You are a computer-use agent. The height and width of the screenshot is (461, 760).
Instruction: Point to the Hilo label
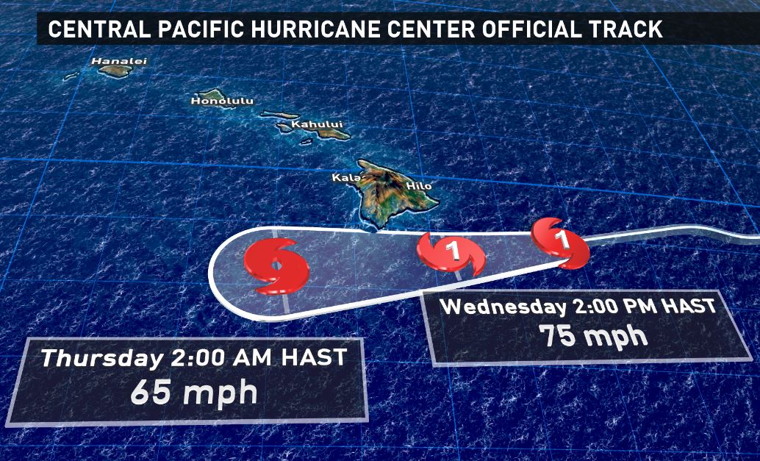[419, 186]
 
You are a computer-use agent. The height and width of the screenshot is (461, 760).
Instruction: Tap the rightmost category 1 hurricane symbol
[562, 240]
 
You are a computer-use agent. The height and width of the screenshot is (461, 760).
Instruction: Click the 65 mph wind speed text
[193, 392]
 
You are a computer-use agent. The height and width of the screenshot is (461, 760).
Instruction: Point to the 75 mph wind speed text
[593, 336]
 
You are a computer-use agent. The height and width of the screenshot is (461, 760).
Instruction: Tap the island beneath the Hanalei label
[115, 71]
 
